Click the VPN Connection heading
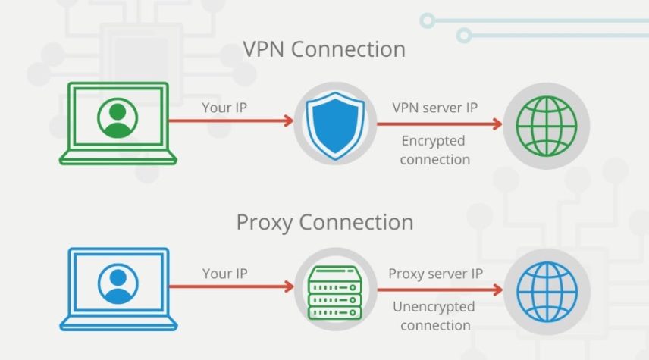pyautogui.click(x=324, y=49)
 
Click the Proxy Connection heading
pyautogui.click(x=324, y=223)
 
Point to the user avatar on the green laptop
pyautogui.click(x=118, y=118)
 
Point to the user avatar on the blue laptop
pyautogui.click(x=118, y=283)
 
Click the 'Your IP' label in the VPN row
pyautogui.click(x=224, y=108)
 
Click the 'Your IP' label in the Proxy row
pyautogui.click(x=224, y=273)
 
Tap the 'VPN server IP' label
pyautogui.click(x=434, y=108)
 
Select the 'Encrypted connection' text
pyautogui.click(x=434, y=150)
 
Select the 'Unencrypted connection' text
pyautogui.click(x=434, y=316)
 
